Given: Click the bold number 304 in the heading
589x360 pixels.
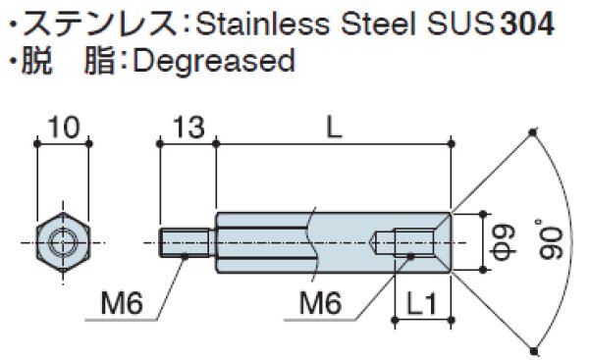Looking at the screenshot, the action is click(x=527, y=24).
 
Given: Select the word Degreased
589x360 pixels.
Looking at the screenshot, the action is click(x=214, y=61).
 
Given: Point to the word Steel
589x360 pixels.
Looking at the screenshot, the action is click(x=378, y=24).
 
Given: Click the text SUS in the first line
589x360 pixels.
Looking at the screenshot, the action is click(x=459, y=24).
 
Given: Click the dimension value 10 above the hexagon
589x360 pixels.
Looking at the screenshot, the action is click(x=64, y=127).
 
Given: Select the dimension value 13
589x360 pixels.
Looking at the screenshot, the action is click(x=188, y=127).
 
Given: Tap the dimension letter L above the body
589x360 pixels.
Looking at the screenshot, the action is click(x=334, y=127).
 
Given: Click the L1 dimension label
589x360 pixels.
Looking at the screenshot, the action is click(x=421, y=303).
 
